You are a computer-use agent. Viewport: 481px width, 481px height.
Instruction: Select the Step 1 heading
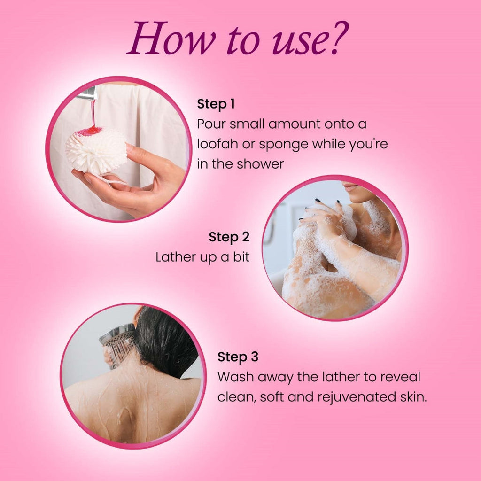click(216, 104)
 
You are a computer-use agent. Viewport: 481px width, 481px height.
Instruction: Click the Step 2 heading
click(229, 237)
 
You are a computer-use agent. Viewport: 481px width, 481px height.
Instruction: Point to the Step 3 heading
click(238, 357)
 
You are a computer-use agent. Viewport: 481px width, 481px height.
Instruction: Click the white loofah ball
click(96, 149)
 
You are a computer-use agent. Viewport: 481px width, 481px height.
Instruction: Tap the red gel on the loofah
click(89, 132)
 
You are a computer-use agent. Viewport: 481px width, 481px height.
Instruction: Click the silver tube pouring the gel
click(87, 93)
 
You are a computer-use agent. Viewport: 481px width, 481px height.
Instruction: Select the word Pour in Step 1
click(211, 124)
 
